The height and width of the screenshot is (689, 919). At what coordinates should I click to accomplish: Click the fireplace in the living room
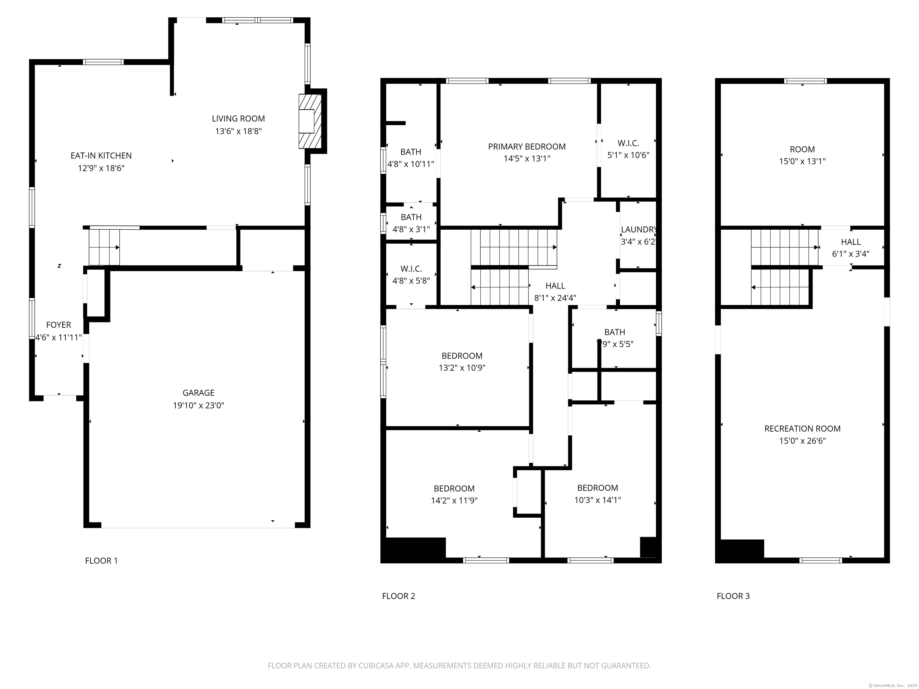pos(310,121)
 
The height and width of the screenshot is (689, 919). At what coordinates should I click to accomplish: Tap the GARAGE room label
pos(199,392)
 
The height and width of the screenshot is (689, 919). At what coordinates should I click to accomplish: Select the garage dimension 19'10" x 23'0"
pos(199,405)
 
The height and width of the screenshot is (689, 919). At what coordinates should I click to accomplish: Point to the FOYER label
pos(59,325)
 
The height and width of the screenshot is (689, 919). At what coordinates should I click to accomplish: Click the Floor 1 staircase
pos(104,247)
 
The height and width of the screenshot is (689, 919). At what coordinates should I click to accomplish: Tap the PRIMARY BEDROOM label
pos(527,147)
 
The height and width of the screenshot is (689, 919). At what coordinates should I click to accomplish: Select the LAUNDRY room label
pos(639,229)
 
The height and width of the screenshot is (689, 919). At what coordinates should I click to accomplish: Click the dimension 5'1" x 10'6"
pos(628,155)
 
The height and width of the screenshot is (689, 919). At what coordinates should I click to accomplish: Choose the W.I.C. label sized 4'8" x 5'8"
pos(411,269)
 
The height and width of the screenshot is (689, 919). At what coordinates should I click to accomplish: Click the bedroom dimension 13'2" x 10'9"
pos(462,368)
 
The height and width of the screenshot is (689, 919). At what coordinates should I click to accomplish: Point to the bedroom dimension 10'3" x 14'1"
pos(597,500)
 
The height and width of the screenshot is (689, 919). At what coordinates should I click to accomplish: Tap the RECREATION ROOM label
pos(802,429)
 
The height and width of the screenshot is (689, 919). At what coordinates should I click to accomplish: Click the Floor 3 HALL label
pos(851,242)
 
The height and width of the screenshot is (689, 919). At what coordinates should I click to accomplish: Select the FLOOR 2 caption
pos(398,596)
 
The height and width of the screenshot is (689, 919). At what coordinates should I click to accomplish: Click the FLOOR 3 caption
pos(733,596)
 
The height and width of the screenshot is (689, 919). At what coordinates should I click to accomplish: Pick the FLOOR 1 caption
pos(101,561)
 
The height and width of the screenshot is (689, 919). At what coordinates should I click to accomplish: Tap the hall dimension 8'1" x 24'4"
pos(555,298)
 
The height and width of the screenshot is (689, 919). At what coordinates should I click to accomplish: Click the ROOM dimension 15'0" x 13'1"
pos(802,161)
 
